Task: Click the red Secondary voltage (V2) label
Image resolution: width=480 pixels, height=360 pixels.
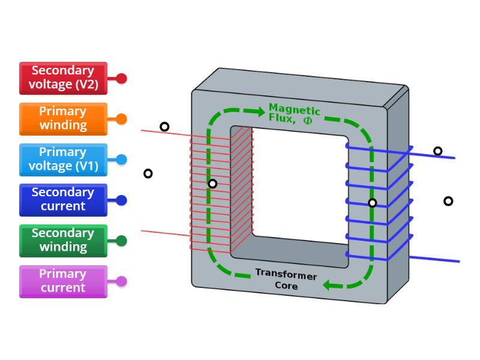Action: point(63,78)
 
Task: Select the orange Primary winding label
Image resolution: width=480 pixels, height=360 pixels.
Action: point(63,119)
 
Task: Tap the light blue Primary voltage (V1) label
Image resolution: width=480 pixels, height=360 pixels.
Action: point(63,159)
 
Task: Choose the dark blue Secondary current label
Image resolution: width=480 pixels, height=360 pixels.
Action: point(63,200)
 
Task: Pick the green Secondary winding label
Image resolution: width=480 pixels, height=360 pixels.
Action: point(63,241)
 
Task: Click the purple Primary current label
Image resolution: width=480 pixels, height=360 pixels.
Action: point(63,281)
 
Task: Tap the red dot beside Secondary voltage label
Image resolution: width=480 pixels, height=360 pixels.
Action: point(121,78)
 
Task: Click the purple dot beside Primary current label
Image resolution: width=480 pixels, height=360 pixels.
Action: point(121,281)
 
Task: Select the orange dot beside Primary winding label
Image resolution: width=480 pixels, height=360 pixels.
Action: point(121,119)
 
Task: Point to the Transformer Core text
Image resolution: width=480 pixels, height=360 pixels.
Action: point(286,279)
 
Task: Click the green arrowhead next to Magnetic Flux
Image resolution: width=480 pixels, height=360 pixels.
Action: point(259,112)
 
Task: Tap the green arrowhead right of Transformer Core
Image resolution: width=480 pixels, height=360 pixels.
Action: point(329,285)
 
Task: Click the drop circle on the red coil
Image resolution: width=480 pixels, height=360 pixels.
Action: point(212,184)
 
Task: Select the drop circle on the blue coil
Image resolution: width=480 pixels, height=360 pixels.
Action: point(373,203)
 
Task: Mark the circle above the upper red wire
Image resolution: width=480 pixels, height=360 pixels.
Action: point(164,127)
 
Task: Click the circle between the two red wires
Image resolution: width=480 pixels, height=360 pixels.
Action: point(148,173)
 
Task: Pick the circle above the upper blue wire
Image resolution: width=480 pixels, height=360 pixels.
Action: point(438,151)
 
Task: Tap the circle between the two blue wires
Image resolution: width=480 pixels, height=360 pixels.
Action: point(448,201)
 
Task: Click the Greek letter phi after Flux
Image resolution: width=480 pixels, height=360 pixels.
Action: point(308,119)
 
